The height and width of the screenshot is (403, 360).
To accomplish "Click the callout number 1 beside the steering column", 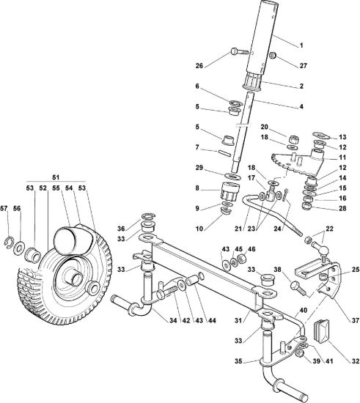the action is (301, 45).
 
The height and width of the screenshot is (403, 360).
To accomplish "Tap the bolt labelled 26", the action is (240, 51).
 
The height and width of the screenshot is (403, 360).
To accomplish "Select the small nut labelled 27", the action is (273, 55).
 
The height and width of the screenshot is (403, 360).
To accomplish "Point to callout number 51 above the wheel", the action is (56, 177).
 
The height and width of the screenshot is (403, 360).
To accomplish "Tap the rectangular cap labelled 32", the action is (321, 330).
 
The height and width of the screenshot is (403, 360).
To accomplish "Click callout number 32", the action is (355, 361).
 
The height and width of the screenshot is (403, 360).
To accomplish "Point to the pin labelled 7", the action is (224, 152).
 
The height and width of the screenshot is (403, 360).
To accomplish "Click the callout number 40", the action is (304, 311).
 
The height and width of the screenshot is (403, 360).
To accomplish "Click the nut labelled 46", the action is (242, 257).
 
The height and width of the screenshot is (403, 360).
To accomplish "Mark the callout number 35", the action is (238, 361).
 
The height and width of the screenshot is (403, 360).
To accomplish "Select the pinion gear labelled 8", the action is (230, 190).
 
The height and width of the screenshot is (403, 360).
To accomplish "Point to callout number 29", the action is (199, 168).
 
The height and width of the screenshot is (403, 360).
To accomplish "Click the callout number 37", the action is (355, 320).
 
